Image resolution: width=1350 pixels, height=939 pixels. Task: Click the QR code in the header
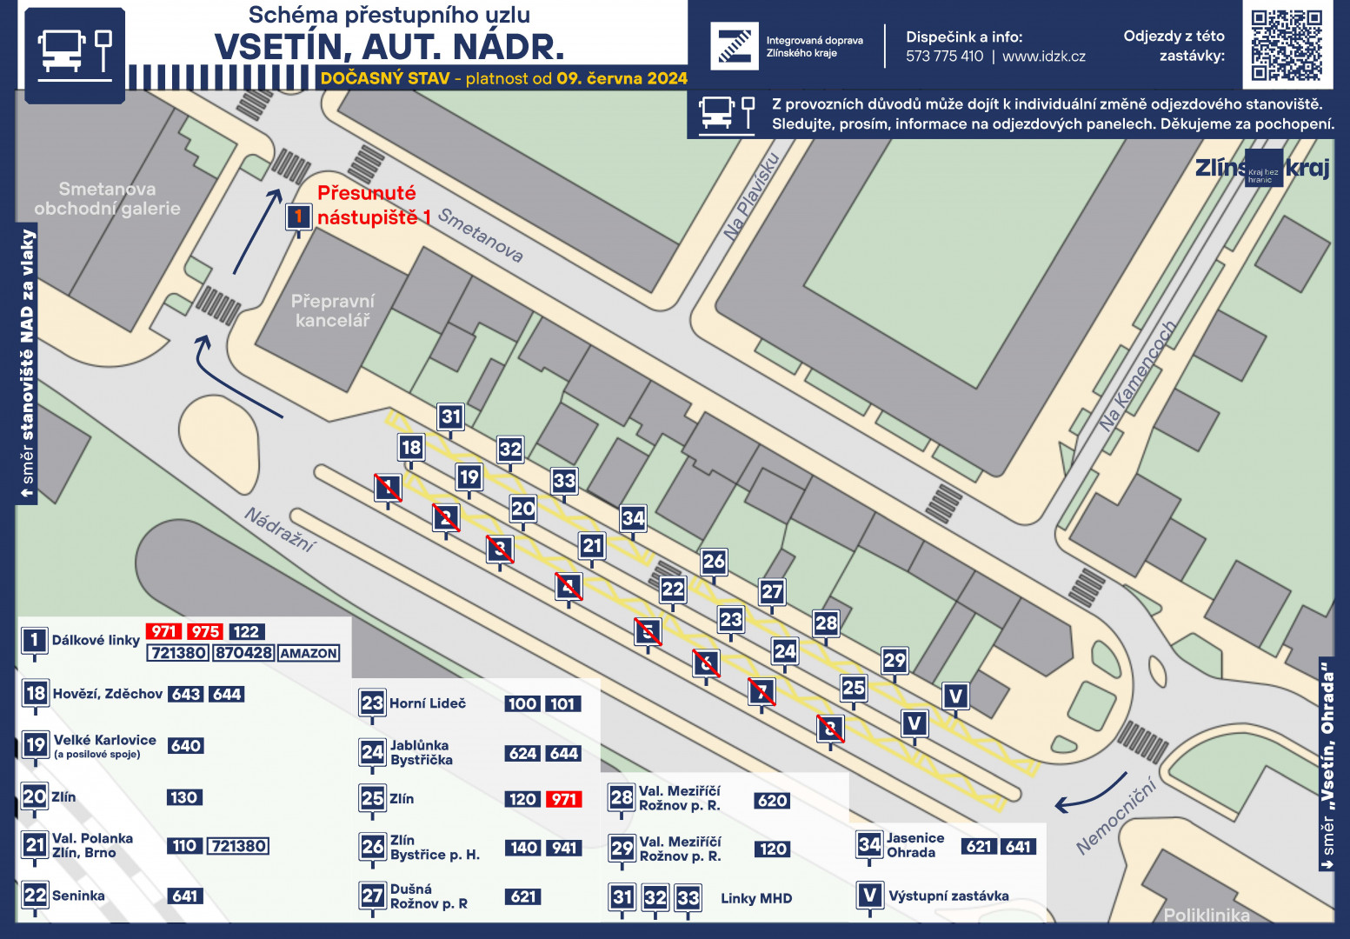pyautogui.click(x=1287, y=45)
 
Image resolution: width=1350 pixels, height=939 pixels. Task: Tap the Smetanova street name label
pyautogui.click(x=481, y=235)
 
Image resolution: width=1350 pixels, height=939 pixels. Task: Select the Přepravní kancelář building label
pyautogui.click(x=333, y=310)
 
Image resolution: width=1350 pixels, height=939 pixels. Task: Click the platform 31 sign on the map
pyautogui.click(x=451, y=416)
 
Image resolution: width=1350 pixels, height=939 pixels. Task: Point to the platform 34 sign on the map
pyautogui.click(x=634, y=518)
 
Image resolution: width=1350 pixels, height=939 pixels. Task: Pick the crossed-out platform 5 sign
pyautogui.click(x=648, y=631)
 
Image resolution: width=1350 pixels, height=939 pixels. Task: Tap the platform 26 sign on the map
pyautogui.click(x=714, y=562)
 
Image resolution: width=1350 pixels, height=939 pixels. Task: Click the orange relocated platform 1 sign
pyautogui.click(x=298, y=217)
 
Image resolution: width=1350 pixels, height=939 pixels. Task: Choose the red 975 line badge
pyautogui.click(x=205, y=631)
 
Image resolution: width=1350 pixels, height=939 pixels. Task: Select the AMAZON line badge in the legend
pyautogui.click(x=309, y=653)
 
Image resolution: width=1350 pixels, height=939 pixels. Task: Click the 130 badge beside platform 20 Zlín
pyautogui.click(x=184, y=797)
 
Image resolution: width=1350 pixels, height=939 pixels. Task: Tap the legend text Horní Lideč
pyautogui.click(x=428, y=703)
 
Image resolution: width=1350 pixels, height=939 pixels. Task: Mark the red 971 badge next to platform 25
pyautogui.click(x=564, y=799)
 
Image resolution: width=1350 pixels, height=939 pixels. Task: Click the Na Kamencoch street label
pyautogui.click(x=1137, y=376)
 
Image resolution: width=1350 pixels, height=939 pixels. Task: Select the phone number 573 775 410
pyautogui.click(x=944, y=57)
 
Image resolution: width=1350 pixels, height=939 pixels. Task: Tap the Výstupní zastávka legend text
pyautogui.click(x=948, y=896)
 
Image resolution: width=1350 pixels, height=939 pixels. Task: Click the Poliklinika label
pyautogui.click(x=1207, y=916)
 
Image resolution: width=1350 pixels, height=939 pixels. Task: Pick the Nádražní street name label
pyautogui.click(x=280, y=529)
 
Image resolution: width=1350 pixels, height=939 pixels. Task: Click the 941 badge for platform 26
pyautogui.click(x=564, y=848)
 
